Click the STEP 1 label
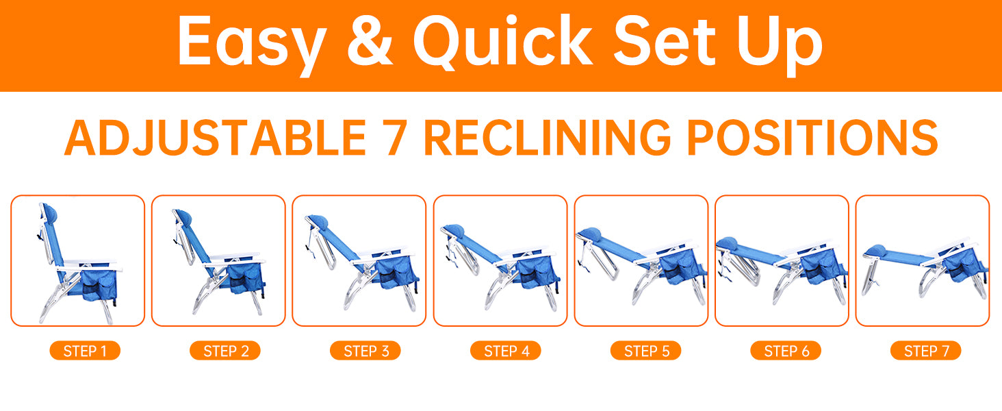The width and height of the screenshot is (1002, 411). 85,351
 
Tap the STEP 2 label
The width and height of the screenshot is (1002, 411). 225,351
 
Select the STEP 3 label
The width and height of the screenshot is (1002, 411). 365,351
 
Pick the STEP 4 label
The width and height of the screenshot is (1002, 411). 506,351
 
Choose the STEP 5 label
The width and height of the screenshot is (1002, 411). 646,351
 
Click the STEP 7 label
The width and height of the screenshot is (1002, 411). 926,351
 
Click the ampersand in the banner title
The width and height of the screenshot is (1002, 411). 370,40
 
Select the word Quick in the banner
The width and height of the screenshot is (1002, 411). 503,42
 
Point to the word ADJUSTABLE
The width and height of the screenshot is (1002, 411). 216,138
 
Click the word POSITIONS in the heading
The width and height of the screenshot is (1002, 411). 812,138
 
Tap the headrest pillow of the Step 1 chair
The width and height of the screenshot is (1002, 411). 51,213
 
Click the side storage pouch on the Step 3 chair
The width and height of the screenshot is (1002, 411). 396,271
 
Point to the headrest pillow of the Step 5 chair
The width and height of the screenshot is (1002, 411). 589,233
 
